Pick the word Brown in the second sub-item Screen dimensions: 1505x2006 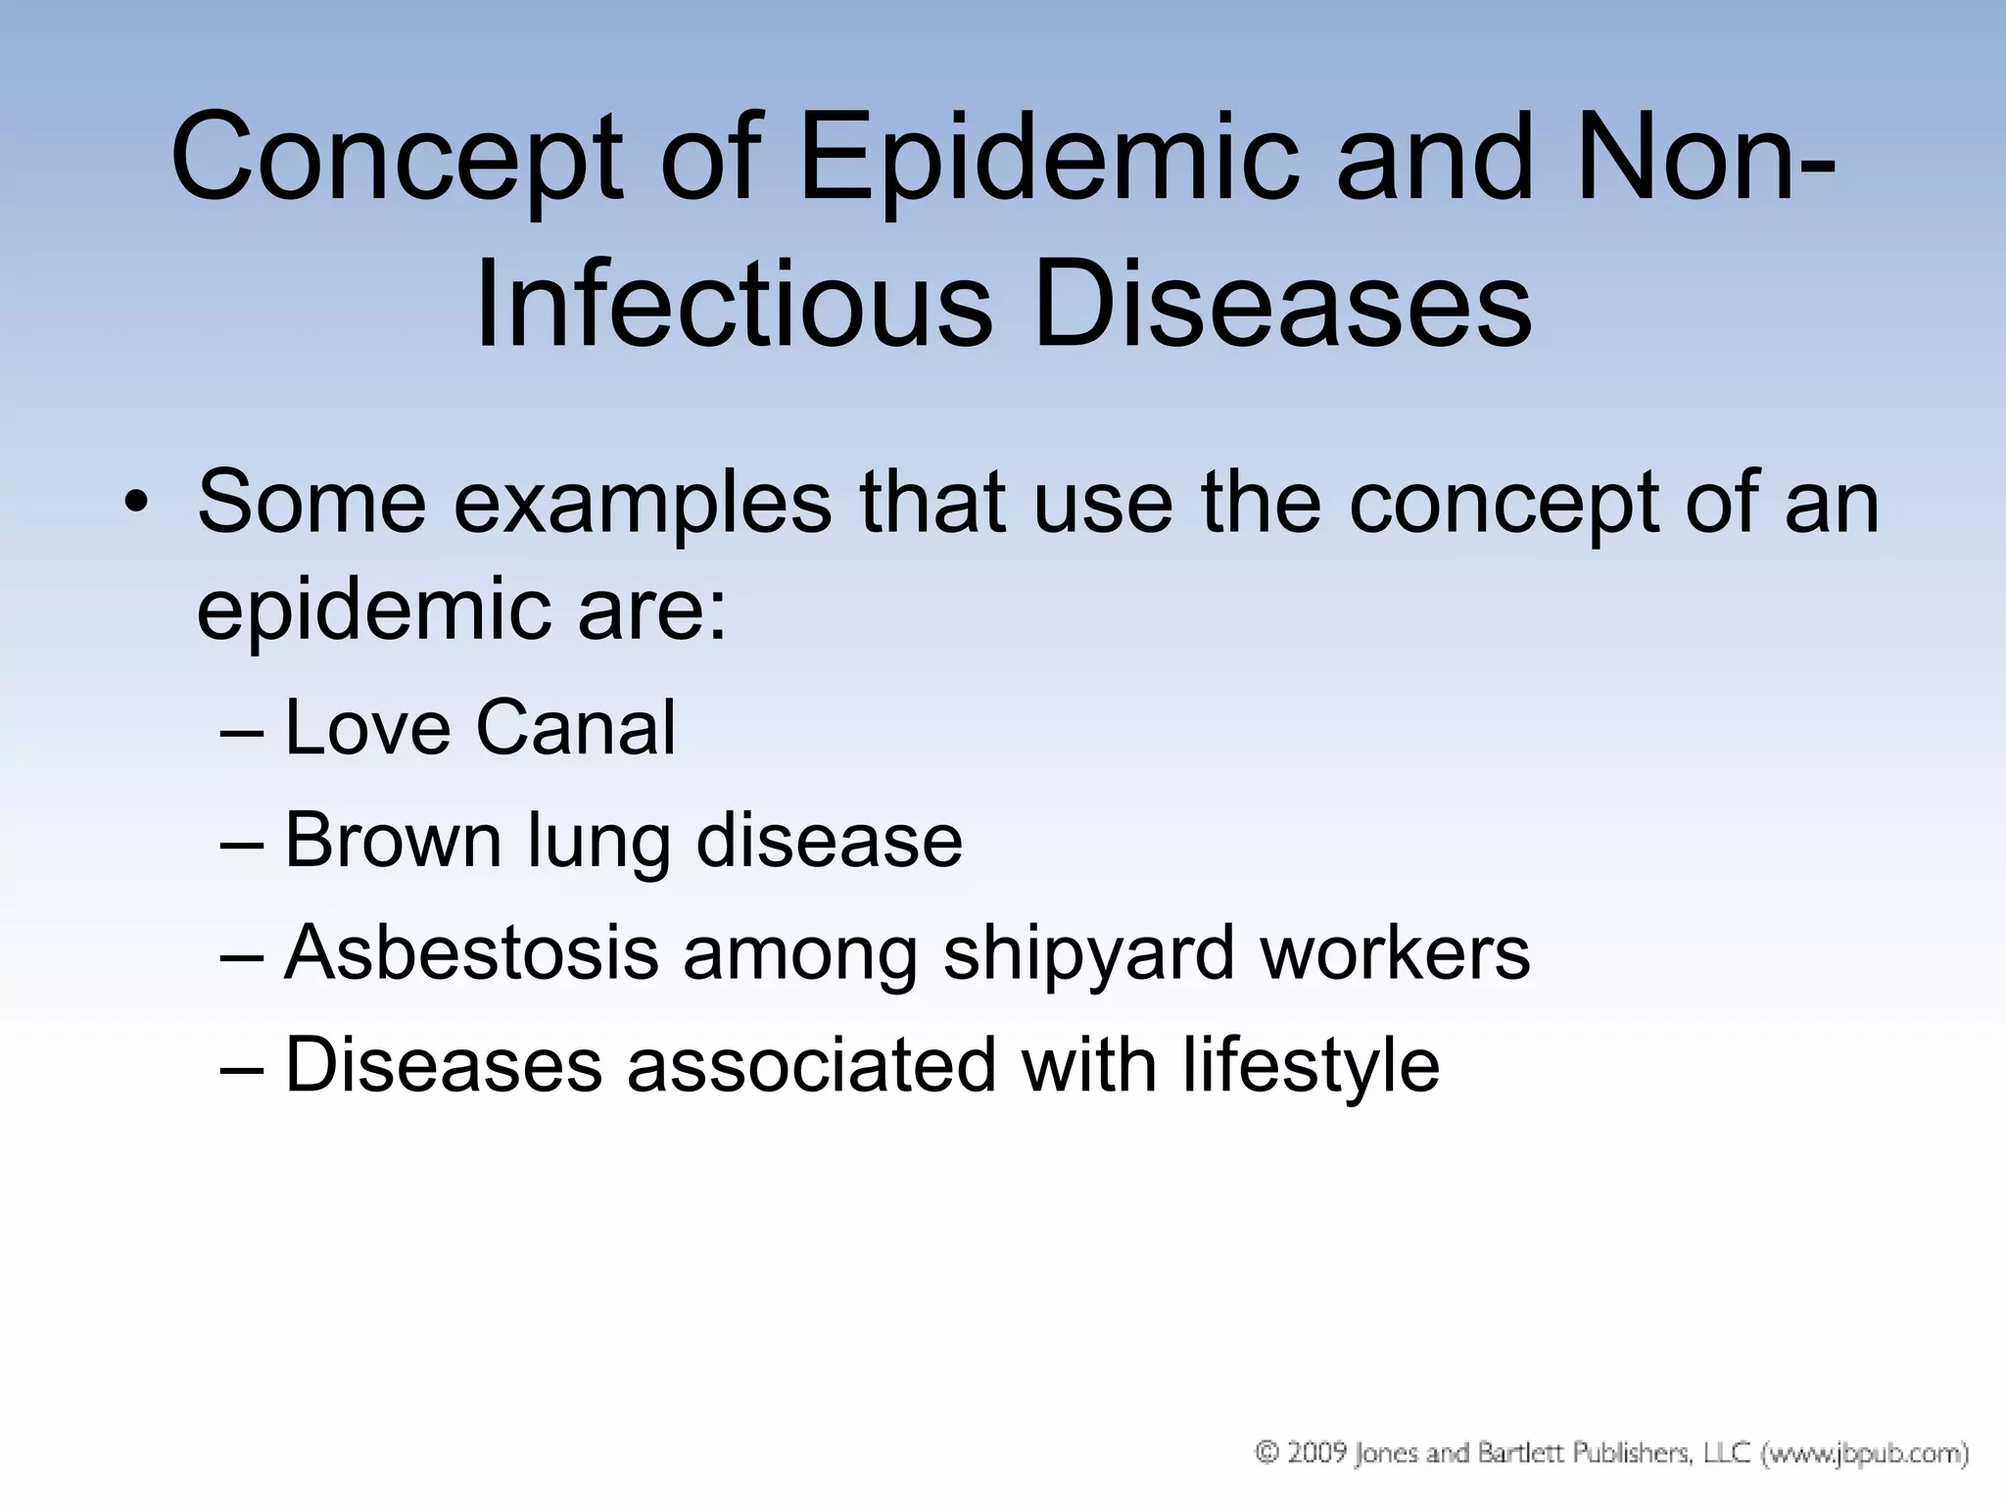pos(392,840)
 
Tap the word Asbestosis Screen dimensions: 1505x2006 pos(470,952)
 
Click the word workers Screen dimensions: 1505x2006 pos(1395,952)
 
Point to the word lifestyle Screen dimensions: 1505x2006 pos(1311,1065)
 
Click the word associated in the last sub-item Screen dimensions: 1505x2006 pos(811,1065)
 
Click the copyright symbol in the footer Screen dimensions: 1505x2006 pos(1268,1452)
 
